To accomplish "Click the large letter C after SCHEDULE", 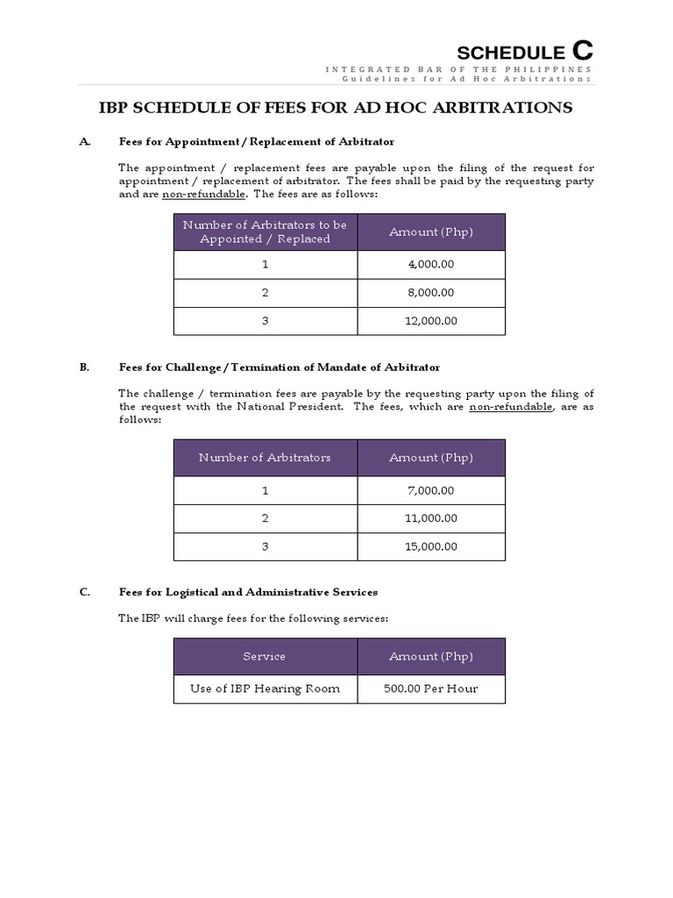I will click(582, 51).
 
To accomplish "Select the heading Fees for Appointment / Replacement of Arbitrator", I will click(257, 141).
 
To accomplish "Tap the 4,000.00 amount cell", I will click(430, 264).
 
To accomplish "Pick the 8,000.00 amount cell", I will click(430, 292).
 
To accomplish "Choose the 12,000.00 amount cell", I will click(430, 321).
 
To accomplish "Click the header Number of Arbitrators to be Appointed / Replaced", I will click(265, 232).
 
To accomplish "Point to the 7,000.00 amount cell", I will click(430, 490).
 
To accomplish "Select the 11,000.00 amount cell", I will click(430, 518).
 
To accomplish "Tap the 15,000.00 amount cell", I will click(430, 546).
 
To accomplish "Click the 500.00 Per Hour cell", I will click(430, 688).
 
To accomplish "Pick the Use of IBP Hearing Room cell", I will click(265, 688).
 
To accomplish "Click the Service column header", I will click(265, 656).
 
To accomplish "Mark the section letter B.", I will click(84, 367).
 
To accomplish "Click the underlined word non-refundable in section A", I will click(203, 194).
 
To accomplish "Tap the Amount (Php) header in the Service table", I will click(430, 656).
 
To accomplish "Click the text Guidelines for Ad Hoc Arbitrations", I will click(466, 79).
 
